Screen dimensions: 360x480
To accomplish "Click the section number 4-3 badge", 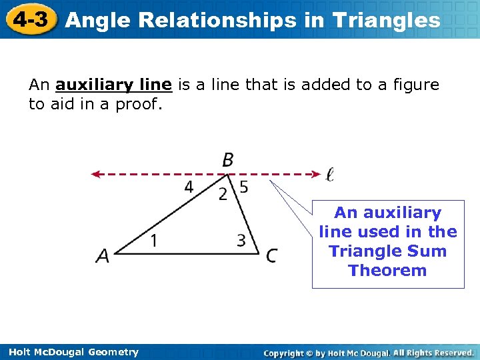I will point(29,19).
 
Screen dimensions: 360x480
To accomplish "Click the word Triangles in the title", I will point(387,21).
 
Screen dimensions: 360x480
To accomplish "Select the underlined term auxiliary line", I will point(114,85).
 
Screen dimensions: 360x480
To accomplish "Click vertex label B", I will point(227,160).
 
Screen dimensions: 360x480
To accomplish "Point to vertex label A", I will point(103,255).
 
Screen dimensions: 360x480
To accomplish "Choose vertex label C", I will point(271,255).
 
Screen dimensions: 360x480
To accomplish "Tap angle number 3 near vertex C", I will point(241,240).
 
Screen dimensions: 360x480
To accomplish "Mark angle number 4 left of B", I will point(189,187).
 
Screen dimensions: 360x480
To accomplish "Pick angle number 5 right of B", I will point(244,187).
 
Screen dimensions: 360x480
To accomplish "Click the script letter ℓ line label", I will point(330,175).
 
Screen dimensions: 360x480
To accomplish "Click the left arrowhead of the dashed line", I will point(95,174).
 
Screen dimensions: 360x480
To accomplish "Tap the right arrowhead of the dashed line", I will point(317,174).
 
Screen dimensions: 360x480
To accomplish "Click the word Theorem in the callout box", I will point(387,271).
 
